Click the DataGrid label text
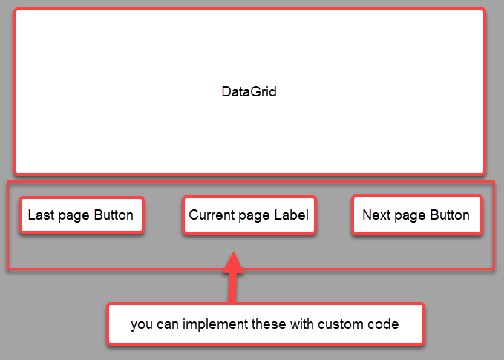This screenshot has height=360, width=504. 249,92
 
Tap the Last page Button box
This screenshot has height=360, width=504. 81,215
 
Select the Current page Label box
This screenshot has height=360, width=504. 249,215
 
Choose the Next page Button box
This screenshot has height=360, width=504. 416,215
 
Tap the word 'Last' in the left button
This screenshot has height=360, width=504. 40,215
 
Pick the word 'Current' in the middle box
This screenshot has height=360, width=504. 211,215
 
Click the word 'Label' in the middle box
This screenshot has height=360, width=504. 292,215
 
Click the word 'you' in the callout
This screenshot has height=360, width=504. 143,324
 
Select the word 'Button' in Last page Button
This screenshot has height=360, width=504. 114,215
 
